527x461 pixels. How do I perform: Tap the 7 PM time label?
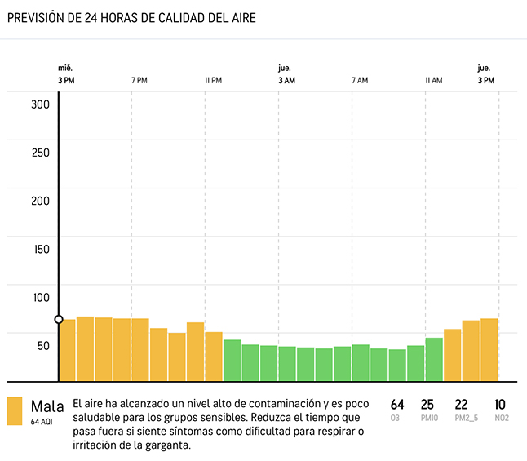[x=139, y=80]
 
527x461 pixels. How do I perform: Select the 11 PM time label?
[x=213, y=80]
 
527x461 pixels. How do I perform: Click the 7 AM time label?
[x=360, y=80]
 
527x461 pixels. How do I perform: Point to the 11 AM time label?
[x=433, y=80]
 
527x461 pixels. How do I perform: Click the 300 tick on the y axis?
[x=41, y=104]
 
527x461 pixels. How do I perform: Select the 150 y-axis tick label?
[x=41, y=249]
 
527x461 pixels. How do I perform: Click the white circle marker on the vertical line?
[x=59, y=319]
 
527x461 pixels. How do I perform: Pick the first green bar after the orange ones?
[x=232, y=361]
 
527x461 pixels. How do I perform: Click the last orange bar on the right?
[x=489, y=349]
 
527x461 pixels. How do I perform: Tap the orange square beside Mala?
[x=15, y=411]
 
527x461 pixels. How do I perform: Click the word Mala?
[x=47, y=406]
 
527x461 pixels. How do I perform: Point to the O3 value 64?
[x=397, y=404]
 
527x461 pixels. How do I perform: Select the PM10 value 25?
[x=427, y=404]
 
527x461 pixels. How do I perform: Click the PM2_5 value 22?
[x=461, y=404]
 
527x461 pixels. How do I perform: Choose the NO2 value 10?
[x=500, y=404]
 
